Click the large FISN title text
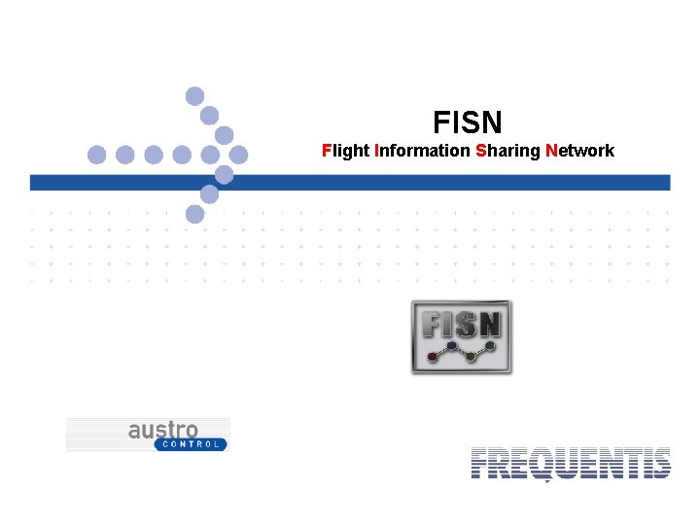[468, 122]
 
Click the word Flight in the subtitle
[345, 151]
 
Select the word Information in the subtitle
[422, 151]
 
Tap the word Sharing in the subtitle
[507, 151]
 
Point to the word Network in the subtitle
[580, 151]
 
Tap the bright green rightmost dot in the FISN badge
[491, 345]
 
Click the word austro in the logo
[163, 430]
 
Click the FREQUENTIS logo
[570, 464]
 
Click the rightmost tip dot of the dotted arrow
[238, 155]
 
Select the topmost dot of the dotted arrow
[194, 95]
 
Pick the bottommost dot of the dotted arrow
[194, 214]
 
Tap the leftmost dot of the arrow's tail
[96, 155]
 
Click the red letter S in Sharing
[481, 151]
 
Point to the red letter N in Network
[551, 151]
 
